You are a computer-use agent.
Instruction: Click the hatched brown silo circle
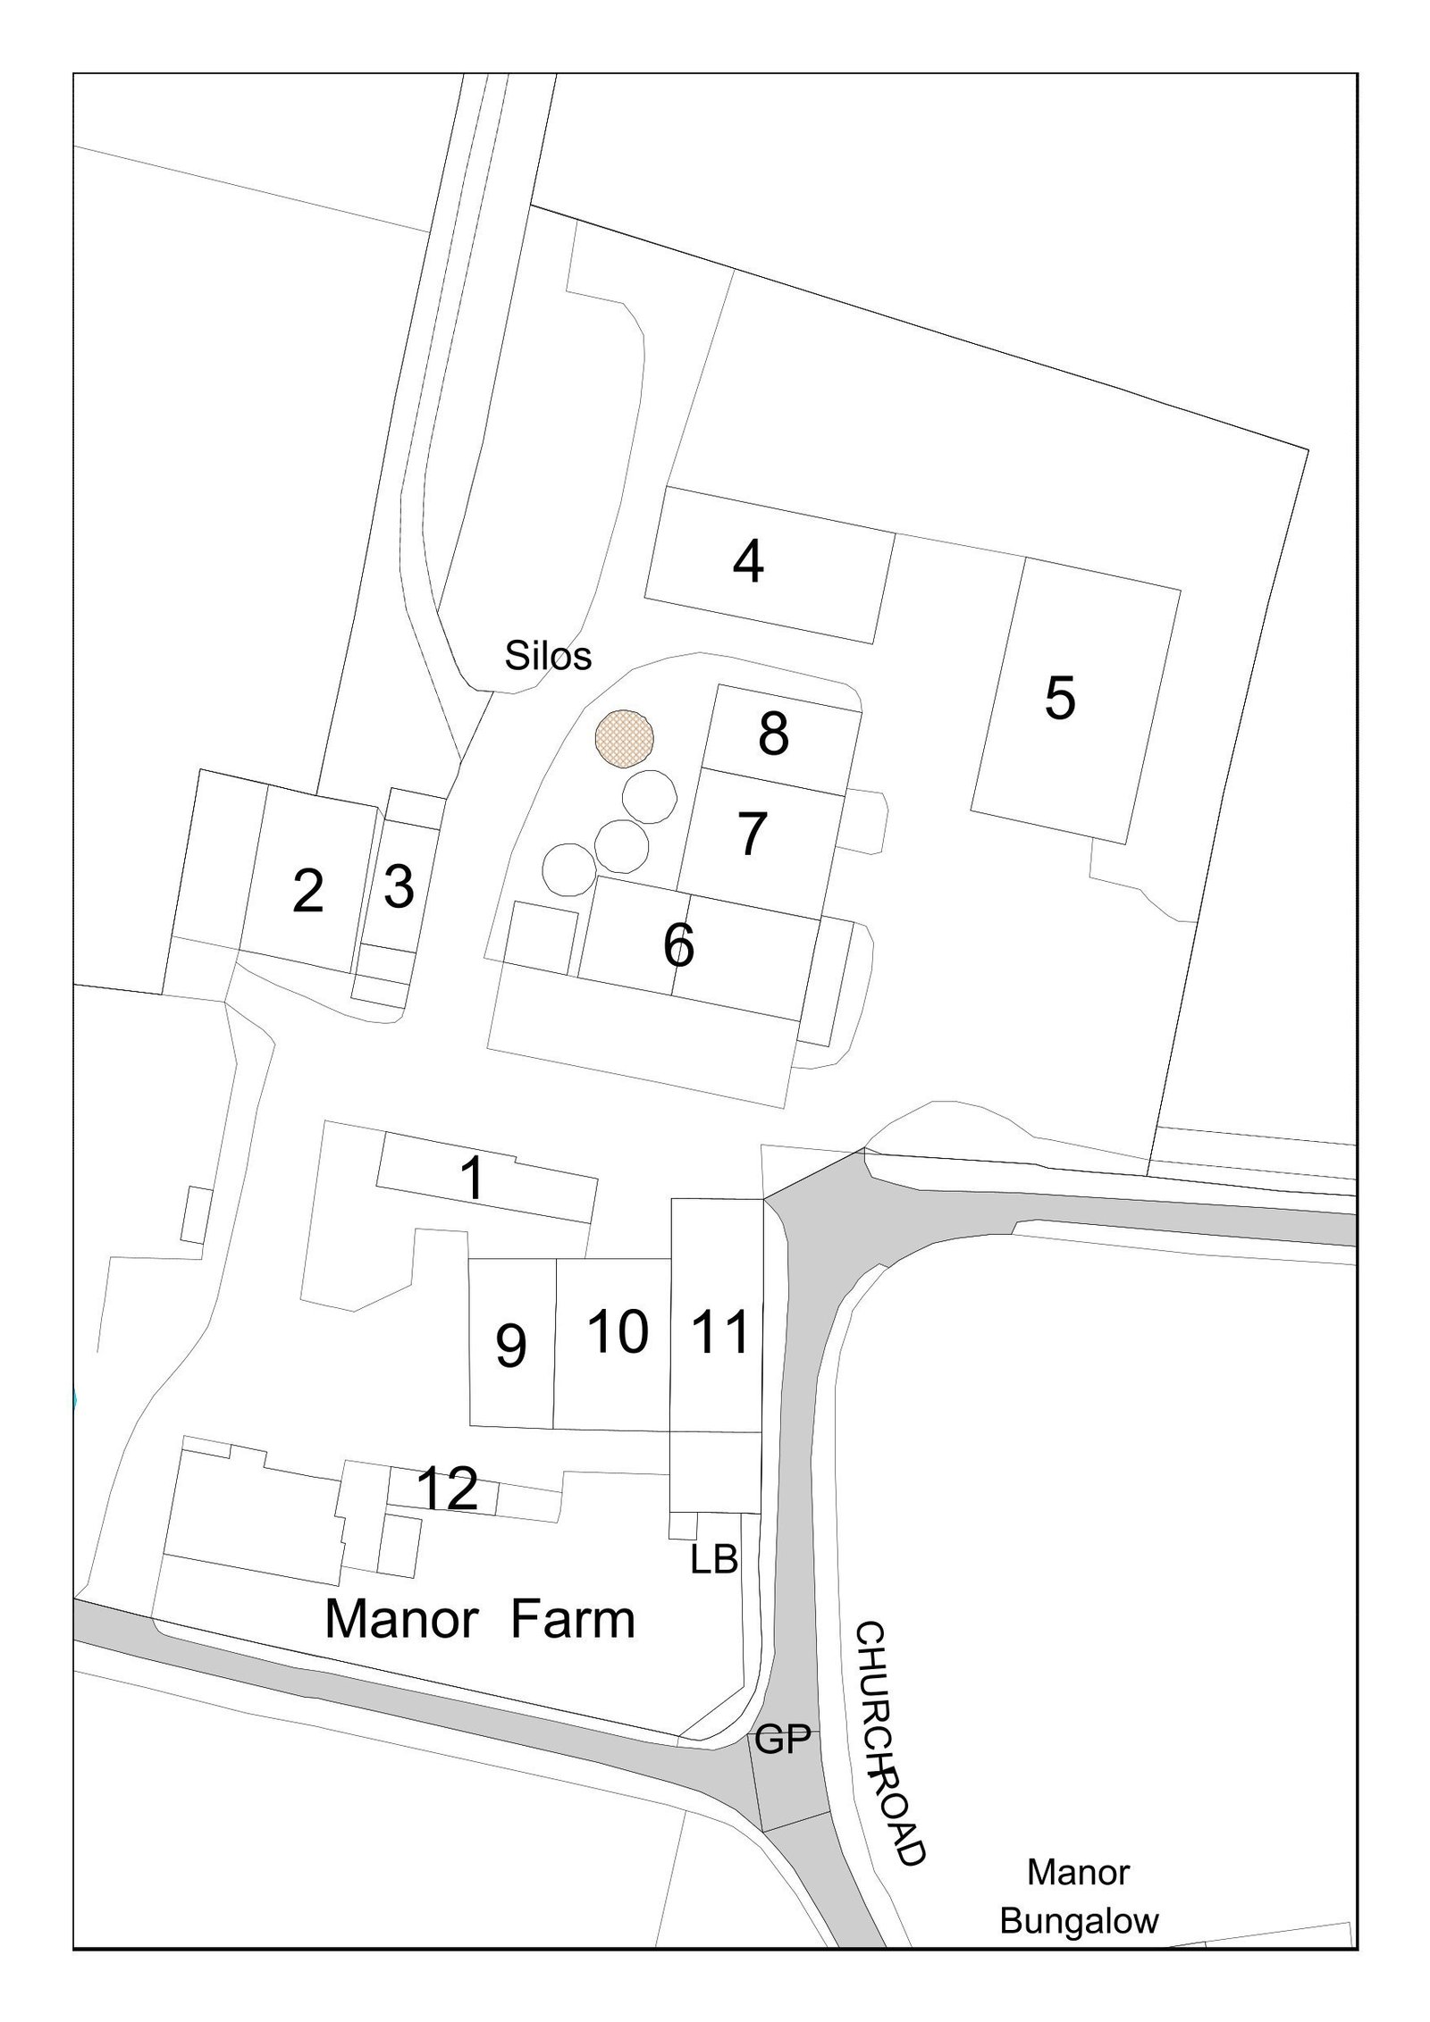coord(625,738)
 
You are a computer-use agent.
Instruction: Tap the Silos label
coord(548,656)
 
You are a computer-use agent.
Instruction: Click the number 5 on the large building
coord(1060,698)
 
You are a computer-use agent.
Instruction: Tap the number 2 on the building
coord(307,892)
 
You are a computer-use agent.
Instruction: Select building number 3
coord(399,886)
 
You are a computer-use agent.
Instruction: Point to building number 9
coord(510,1345)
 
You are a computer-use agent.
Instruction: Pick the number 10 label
coord(618,1332)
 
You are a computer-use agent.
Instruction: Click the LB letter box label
coord(714,1559)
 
